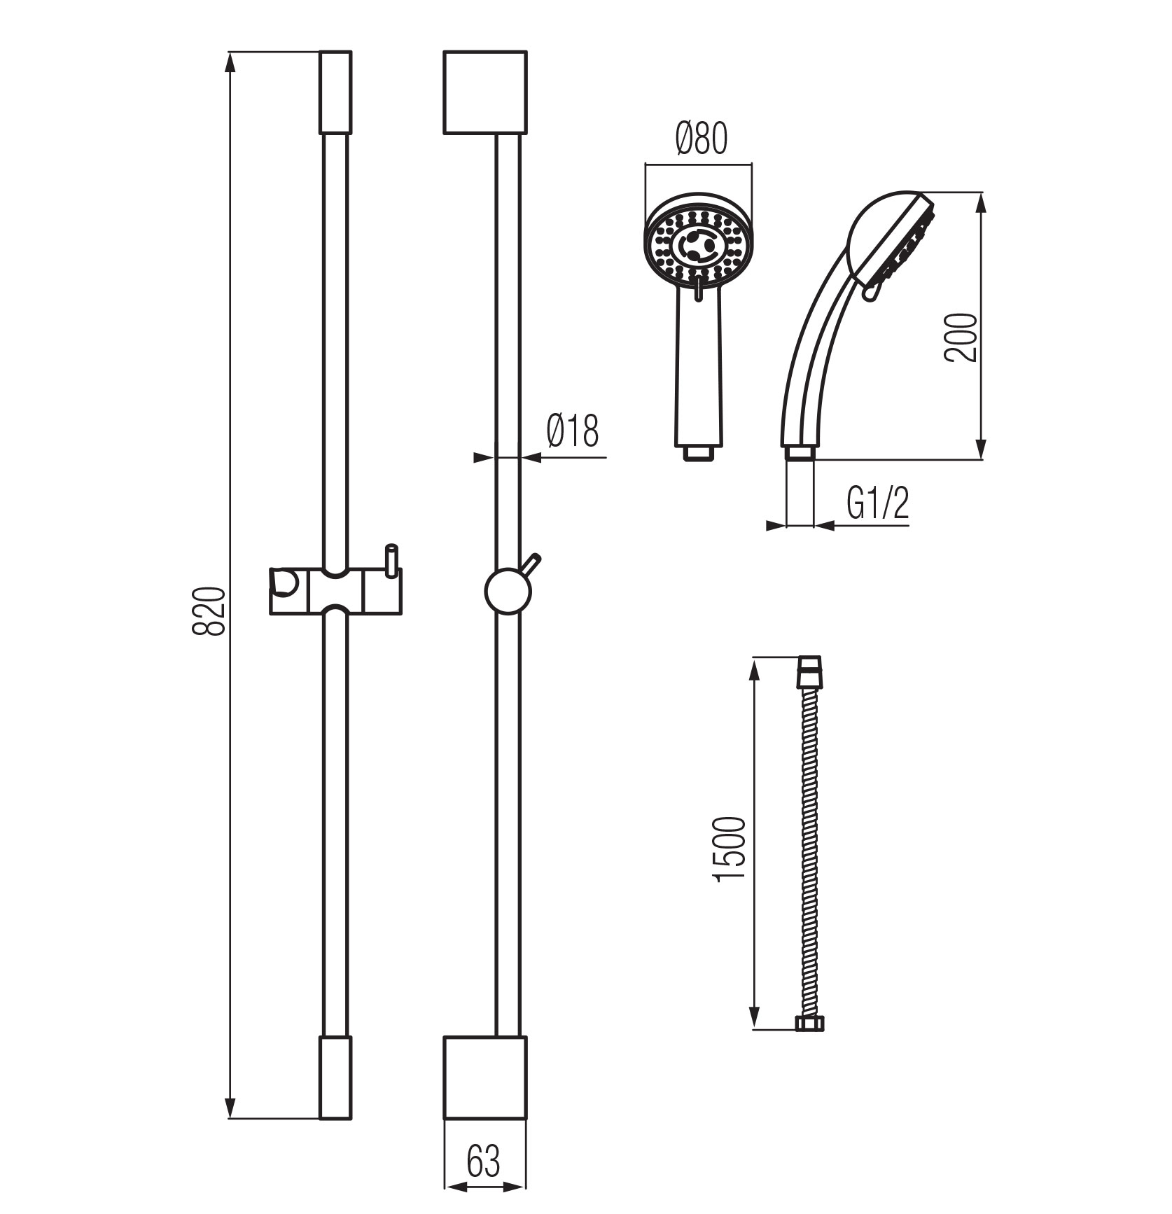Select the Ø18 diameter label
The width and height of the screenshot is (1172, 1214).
(573, 431)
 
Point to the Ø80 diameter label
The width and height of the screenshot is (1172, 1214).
(702, 139)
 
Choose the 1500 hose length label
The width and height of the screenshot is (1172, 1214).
(732, 849)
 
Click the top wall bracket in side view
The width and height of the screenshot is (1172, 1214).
(485, 92)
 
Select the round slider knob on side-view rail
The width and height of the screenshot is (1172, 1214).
(508, 591)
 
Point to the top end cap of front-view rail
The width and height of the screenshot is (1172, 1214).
(335, 92)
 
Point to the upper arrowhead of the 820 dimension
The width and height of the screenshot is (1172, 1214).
(230, 62)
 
